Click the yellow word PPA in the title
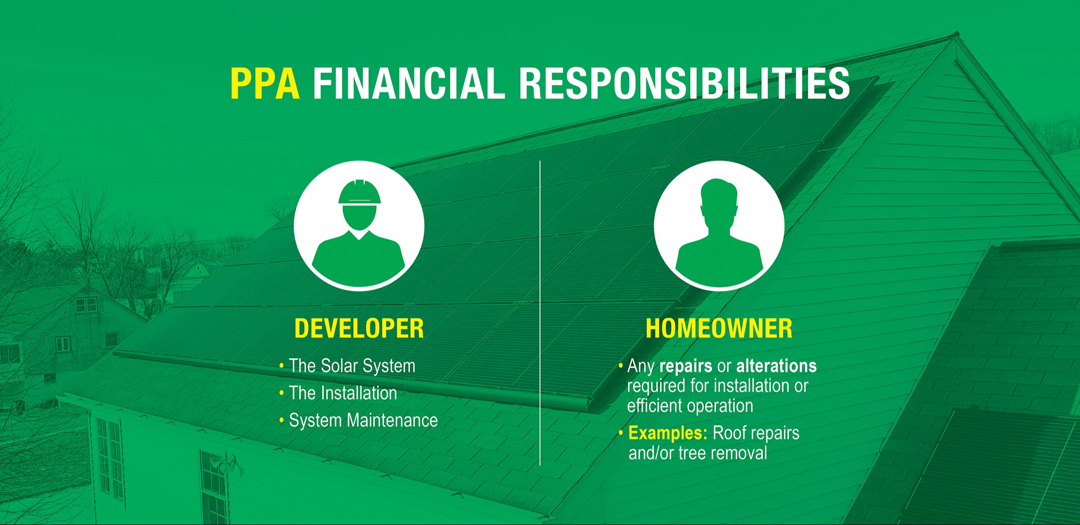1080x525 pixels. [x=265, y=83]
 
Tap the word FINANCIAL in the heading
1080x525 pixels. [x=409, y=83]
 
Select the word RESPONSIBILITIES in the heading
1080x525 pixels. [x=684, y=83]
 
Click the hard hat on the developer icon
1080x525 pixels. [x=360, y=192]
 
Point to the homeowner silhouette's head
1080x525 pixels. [x=719, y=200]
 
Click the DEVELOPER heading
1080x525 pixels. [x=359, y=328]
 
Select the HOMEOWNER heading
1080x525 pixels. [x=719, y=328]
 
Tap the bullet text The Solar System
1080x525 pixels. [x=352, y=366]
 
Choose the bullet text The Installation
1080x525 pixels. [x=343, y=393]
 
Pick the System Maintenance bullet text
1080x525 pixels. [x=363, y=421]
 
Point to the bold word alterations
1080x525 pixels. [x=777, y=366]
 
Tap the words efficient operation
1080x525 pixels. [x=690, y=406]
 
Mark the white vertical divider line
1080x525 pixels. [x=540, y=313]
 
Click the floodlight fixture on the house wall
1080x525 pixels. [x=229, y=464]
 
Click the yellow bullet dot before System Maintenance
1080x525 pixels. [x=282, y=421]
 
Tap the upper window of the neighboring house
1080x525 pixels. [x=86, y=305]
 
